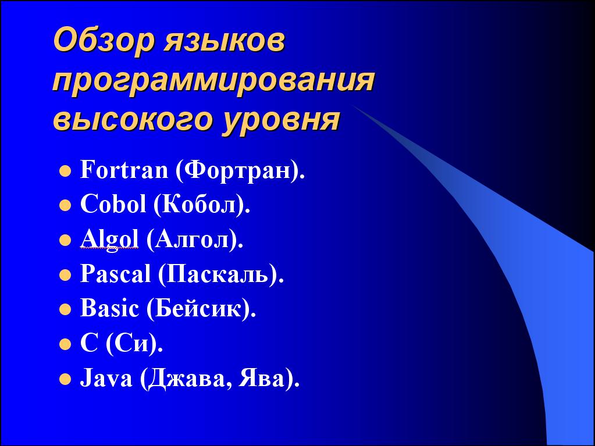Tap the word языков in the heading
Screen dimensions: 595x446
click(x=225, y=41)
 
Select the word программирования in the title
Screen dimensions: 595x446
click(x=213, y=82)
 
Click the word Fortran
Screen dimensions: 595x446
click(x=124, y=170)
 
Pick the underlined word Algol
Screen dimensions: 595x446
click(x=109, y=240)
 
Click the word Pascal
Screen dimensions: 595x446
click(x=115, y=273)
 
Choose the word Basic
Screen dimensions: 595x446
click(x=109, y=308)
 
